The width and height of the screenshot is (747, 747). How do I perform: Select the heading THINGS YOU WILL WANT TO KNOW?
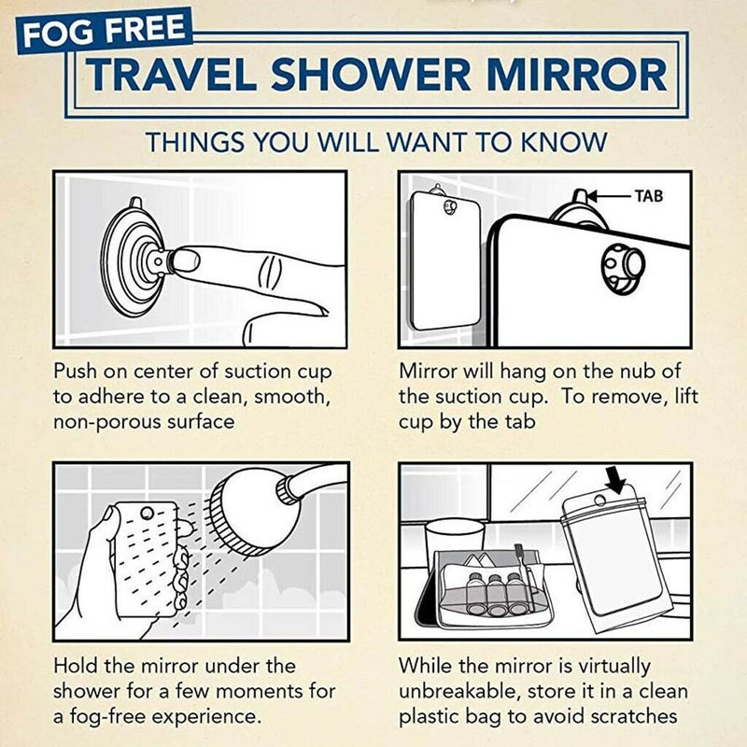[376, 143]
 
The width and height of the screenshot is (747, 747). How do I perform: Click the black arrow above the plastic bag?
[614, 479]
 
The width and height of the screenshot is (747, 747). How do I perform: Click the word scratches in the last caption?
[641, 717]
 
